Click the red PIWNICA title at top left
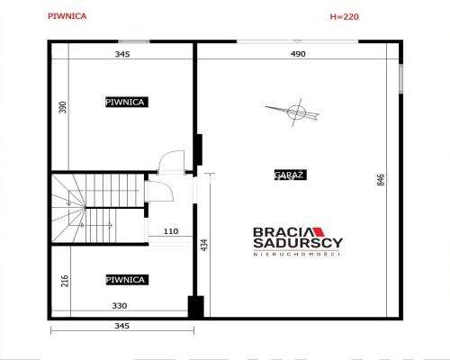(x=67, y=16)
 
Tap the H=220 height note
(x=344, y=16)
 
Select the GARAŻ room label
(x=291, y=175)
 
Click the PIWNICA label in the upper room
(x=127, y=102)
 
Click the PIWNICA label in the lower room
(x=127, y=280)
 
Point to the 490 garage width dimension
(x=298, y=54)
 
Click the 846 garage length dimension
(x=381, y=180)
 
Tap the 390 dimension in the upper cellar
(x=63, y=107)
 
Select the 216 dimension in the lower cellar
(x=65, y=281)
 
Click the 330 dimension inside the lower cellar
(x=120, y=306)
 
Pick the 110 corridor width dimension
(x=171, y=231)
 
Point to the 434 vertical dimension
(x=204, y=245)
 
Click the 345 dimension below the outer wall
(x=122, y=326)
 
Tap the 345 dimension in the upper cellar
(x=122, y=54)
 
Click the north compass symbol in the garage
(x=295, y=112)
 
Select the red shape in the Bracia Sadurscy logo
(x=319, y=232)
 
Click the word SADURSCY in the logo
(x=298, y=243)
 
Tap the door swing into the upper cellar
(x=171, y=161)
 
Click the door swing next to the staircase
(x=159, y=191)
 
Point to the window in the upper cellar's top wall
(x=134, y=41)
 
